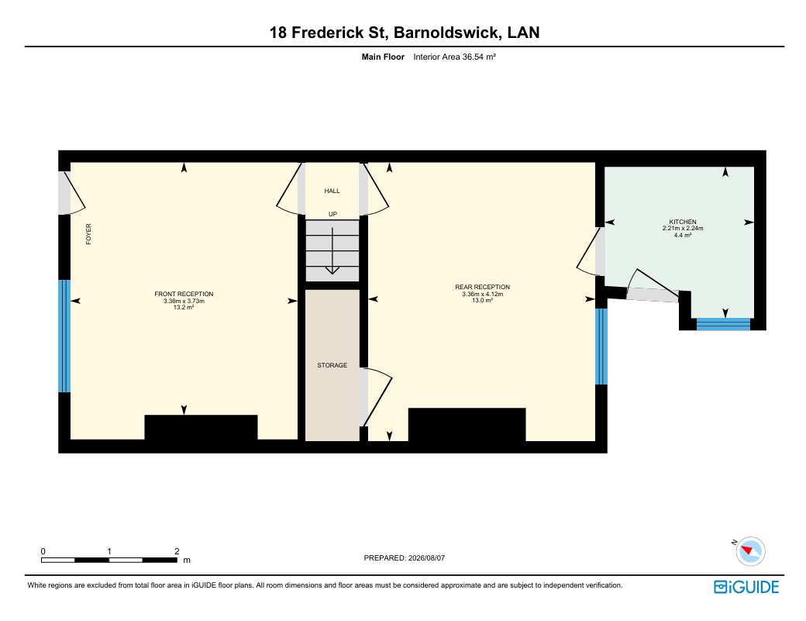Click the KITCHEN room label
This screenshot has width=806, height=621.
coord(683,222)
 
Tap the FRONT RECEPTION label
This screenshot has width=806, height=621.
coord(184,294)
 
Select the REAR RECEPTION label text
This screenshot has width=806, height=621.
coord(482,287)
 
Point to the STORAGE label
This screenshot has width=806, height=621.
coord(332,365)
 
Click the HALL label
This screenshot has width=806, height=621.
coord(332,191)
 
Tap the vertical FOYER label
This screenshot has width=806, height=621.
coord(88,234)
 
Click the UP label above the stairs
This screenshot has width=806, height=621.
coord(332,214)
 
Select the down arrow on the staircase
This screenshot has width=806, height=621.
coord(332,250)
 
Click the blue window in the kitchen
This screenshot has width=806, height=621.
coord(723,324)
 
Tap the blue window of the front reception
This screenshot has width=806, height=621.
coord(64,336)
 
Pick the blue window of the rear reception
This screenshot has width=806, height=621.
coord(601,347)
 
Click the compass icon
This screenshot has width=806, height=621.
coord(750,551)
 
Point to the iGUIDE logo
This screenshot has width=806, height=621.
coord(746,587)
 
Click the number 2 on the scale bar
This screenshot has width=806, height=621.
coord(177,551)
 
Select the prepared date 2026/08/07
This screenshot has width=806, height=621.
coord(426,557)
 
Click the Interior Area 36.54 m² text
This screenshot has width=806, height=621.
coord(454,57)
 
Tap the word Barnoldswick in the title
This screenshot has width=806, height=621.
coord(448,33)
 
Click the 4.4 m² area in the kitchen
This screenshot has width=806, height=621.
coord(683,235)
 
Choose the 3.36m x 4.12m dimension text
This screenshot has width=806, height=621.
coord(482,294)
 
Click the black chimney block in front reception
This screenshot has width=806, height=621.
coord(201,428)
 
